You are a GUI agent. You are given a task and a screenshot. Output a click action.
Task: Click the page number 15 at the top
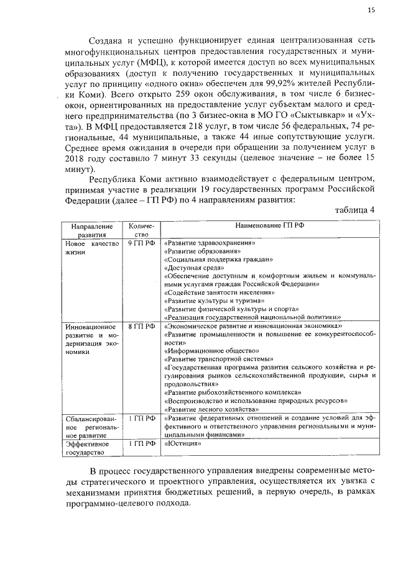coord(371,10)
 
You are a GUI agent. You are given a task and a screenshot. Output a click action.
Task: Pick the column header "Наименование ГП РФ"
coord(269,226)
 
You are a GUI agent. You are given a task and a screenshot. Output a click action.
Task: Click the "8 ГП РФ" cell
coord(141,325)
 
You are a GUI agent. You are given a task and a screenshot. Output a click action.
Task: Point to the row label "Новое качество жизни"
coord(91,249)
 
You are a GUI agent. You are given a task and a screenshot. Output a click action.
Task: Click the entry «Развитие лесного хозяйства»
coord(211,410)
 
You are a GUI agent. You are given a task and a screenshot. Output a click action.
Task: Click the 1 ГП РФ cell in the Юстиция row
coord(141,444)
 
